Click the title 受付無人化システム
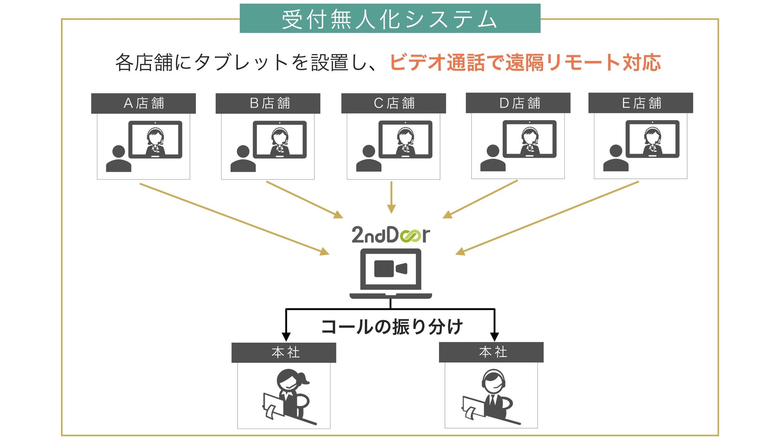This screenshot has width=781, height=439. pyautogui.click(x=390, y=19)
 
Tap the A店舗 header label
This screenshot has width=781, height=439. pyautogui.click(x=143, y=103)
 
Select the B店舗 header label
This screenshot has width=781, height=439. pyautogui.click(x=268, y=103)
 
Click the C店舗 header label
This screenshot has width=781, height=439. pyautogui.click(x=393, y=103)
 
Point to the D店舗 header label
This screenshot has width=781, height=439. pyautogui.click(x=518, y=103)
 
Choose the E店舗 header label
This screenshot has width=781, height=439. pyautogui.click(x=640, y=103)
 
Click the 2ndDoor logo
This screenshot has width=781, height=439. pyautogui.click(x=390, y=235)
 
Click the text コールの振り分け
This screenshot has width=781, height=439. pyautogui.click(x=392, y=327)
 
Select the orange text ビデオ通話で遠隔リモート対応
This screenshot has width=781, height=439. pyautogui.click(x=525, y=62)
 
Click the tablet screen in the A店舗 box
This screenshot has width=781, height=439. pyautogui.click(x=155, y=140)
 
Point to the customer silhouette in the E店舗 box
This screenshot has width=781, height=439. pyautogui.click(x=616, y=158)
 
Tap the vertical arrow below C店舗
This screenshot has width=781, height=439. pyautogui.click(x=391, y=197)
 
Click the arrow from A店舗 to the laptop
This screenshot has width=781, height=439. pyautogui.click(x=234, y=219)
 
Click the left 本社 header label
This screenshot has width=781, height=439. pyautogui.click(x=284, y=352)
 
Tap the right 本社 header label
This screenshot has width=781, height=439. pyautogui.click(x=491, y=352)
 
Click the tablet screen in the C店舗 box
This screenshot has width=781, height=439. pyautogui.click(x=405, y=139)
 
